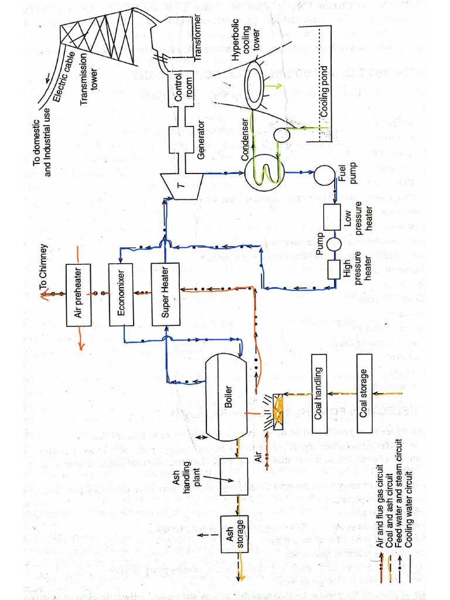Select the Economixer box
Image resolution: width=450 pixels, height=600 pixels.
point(121,295)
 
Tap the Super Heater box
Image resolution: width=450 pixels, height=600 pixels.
point(165,295)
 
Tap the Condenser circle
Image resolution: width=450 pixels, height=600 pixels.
point(265,173)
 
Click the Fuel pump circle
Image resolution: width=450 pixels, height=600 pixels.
point(323,174)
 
